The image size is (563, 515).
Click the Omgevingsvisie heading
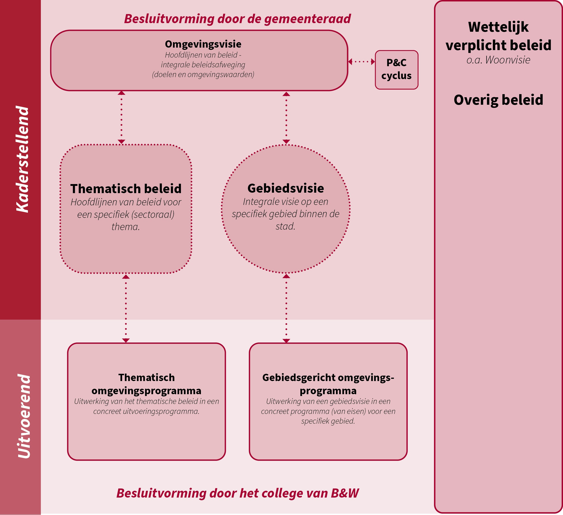pyautogui.click(x=203, y=44)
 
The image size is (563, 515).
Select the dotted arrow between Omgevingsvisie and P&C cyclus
pyautogui.click(x=362, y=62)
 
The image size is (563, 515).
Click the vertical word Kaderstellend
pyautogui.click(x=22, y=159)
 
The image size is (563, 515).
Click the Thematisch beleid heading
pyautogui.click(x=126, y=189)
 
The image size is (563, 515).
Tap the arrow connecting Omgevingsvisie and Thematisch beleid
pyautogui.click(x=121, y=117)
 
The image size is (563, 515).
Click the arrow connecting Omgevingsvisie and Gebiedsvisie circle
pyautogui.click(x=286, y=117)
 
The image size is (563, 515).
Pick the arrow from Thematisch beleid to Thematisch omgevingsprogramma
pyautogui.click(x=126, y=308)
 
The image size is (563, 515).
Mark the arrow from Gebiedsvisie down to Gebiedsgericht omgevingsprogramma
pyautogui.click(x=286, y=308)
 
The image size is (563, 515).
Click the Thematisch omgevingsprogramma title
pyautogui.click(x=146, y=384)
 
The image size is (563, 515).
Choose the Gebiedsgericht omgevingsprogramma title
pyautogui.click(x=328, y=384)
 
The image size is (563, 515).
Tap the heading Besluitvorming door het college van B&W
pyautogui.click(x=237, y=493)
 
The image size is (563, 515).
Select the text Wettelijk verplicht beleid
pyautogui.click(x=498, y=36)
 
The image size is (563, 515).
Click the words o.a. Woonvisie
pyautogui.click(x=498, y=60)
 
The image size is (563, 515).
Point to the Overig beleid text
pyautogui.click(x=498, y=100)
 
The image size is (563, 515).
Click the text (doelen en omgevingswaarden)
pyautogui.click(x=203, y=74)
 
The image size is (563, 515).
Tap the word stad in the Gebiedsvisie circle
pyautogui.click(x=285, y=226)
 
